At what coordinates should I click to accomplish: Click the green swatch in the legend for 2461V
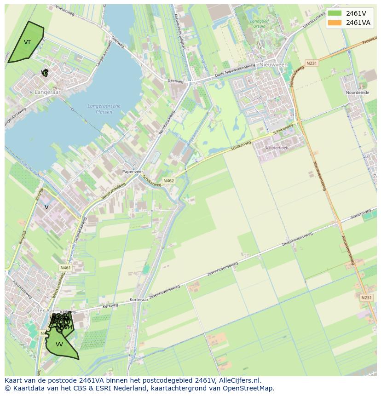(x=335, y=13)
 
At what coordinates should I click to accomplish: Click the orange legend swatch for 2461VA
(x=335, y=23)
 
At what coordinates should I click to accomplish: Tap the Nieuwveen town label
(x=273, y=65)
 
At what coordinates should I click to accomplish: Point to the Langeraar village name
(x=47, y=92)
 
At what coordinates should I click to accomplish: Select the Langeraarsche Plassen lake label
(x=104, y=109)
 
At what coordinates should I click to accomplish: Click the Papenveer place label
(x=133, y=172)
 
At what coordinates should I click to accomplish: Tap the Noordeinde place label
(x=358, y=92)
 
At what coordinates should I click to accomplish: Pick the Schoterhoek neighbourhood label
(x=277, y=148)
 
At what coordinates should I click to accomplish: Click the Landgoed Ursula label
(x=259, y=23)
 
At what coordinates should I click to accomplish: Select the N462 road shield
(x=168, y=181)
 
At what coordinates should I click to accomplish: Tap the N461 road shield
(x=65, y=268)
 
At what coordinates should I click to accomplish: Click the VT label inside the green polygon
(x=28, y=42)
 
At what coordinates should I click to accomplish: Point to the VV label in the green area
(x=59, y=344)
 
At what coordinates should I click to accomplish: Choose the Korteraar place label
(x=138, y=299)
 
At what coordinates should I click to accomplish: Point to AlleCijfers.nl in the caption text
(x=238, y=380)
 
